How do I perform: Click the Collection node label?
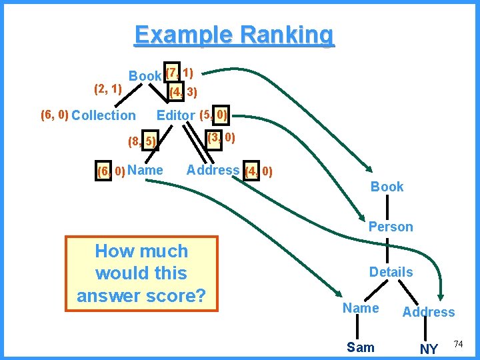103,115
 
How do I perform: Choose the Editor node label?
175,115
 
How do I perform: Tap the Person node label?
391,227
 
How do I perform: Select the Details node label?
391,272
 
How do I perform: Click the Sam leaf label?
361,347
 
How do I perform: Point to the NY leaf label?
429,349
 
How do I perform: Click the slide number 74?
458,344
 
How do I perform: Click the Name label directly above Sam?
360,308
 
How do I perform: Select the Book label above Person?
387,187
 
